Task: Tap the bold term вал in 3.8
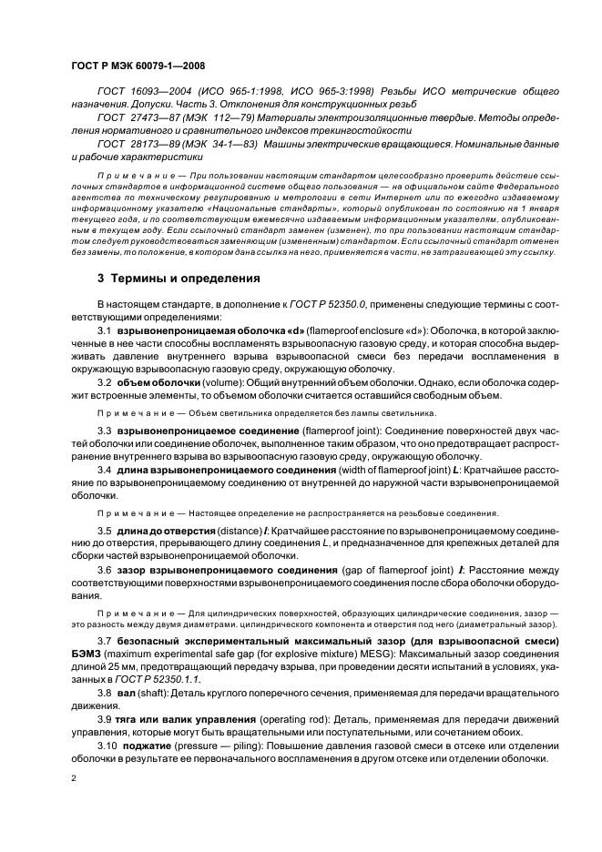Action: (128, 693)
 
